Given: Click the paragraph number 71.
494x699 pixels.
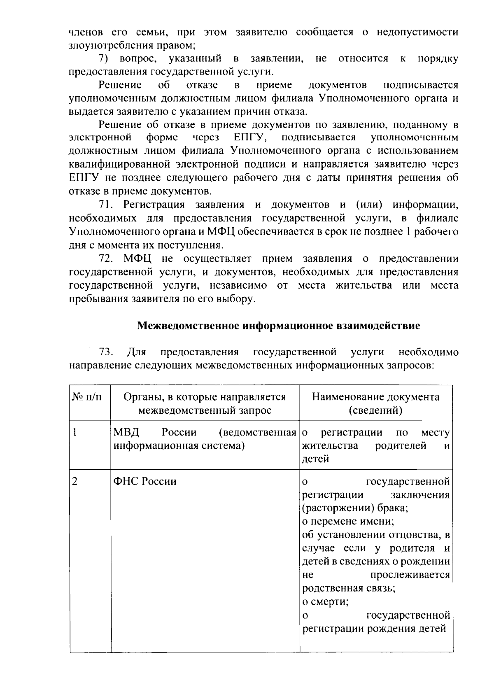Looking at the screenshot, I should click(106, 205).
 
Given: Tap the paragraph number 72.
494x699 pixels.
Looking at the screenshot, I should click(106, 259).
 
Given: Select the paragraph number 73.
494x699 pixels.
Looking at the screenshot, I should click(106, 352).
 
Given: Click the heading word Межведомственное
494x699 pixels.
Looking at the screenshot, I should click(189, 326).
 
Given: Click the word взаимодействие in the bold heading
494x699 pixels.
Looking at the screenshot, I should click(378, 326).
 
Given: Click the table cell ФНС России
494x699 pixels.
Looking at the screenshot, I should click(144, 481).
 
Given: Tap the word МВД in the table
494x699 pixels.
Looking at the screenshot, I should click(127, 433).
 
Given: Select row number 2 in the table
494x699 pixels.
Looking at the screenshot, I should click(75, 481).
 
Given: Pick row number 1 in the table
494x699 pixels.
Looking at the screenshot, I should click(75, 433).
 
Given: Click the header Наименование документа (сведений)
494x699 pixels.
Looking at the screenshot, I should click(375, 403).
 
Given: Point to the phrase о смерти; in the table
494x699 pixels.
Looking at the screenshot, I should click(326, 602).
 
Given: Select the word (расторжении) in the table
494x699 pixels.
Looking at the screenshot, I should click(333, 508).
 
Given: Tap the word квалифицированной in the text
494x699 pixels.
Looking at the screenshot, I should click(119, 164).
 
